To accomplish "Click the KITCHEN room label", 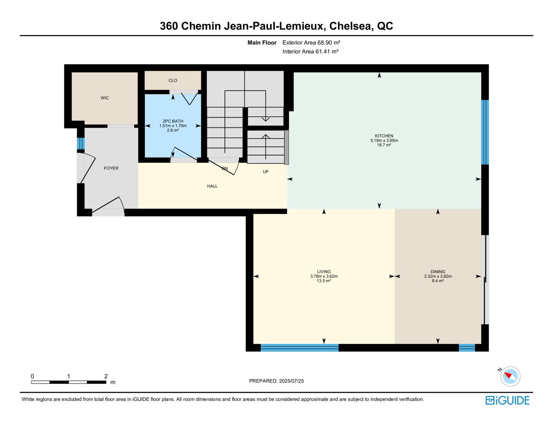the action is pyautogui.click(x=384, y=136).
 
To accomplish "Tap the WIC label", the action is pyautogui.click(x=105, y=98).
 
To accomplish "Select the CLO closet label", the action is pyautogui.click(x=173, y=80).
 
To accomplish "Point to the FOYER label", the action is pyautogui.click(x=111, y=168).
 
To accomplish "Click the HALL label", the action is pyautogui.click(x=212, y=186).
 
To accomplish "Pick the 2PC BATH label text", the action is pyautogui.click(x=173, y=121).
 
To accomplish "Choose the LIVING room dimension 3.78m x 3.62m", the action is pyautogui.click(x=324, y=276).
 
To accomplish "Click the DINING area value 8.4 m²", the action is pyautogui.click(x=438, y=281).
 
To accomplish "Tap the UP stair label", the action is pyautogui.click(x=266, y=172).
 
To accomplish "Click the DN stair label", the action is pyautogui.click(x=225, y=168).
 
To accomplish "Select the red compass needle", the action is pyautogui.click(x=508, y=375).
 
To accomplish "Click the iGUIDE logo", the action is pyautogui.click(x=507, y=400).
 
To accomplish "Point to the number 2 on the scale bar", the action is pyautogui.click(x=106, y=376).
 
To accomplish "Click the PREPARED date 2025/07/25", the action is pyautogui.click(x=291, y=381).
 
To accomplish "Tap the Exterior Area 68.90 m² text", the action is pyautogui.click(x=311, y=42).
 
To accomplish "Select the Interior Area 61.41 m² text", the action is pyautogui.click(x=310, y=51).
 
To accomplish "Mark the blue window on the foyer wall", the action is pyautogui.click(x=81, y=143).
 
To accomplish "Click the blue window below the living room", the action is pyautogui.click(x=300, y=348).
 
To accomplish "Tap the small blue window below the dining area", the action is pyautogui.click(x=467, y=348).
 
